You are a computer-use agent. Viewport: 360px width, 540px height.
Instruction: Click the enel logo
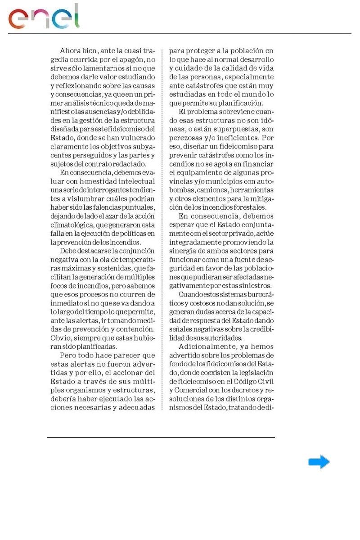pyautogui.click(x=44, y=17)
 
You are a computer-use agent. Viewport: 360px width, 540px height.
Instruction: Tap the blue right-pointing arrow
pyautogui.click(x=319, y=462)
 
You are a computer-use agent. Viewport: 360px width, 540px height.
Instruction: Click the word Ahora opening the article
pyautogui.click(x=71, y=51)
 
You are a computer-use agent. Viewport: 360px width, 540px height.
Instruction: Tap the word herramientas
pyautogui.click(x=252, y=190)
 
